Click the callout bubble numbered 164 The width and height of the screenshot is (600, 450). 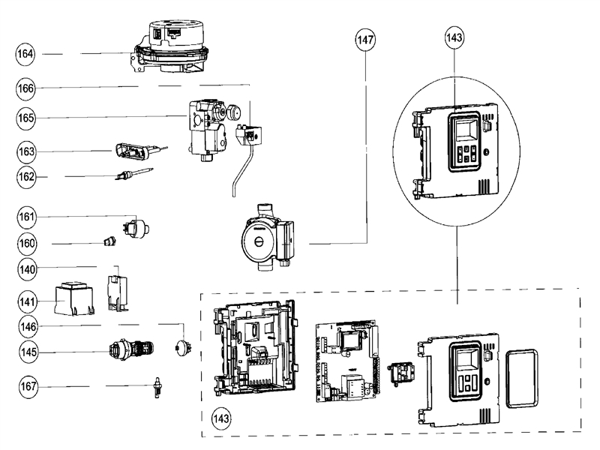click(27, 54)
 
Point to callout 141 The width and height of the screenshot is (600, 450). click(27, 301)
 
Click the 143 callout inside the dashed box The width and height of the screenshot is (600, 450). click(220, 416)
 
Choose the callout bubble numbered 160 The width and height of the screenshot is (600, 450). click(27, 244)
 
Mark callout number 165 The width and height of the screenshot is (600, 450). click(27, 118)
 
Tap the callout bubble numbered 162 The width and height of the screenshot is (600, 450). click(27, 177)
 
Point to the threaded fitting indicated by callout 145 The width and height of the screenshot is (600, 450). click(130, 350)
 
